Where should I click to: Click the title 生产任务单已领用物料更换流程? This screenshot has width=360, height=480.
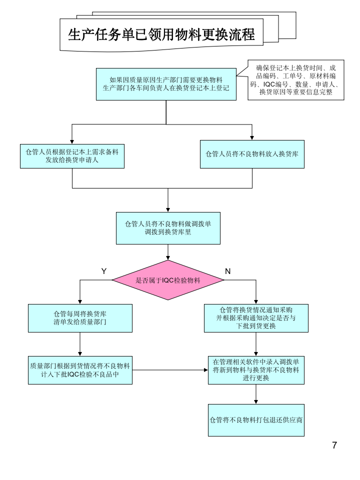(161, 34)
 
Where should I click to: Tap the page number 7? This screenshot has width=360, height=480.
(334, 445)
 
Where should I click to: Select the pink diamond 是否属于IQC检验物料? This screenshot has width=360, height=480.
(168, 280)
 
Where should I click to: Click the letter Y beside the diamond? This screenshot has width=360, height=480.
(104, 271)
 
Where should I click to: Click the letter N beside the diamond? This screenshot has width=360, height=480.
(227, 271)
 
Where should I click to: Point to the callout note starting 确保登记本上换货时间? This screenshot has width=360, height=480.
(296, 80)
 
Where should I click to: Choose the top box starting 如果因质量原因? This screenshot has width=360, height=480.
(166, 84)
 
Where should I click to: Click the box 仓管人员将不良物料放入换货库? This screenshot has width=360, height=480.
(252, 154)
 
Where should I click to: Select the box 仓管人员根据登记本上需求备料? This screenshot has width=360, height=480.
(72, 155)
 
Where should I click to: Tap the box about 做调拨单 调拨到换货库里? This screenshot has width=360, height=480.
(168, 228)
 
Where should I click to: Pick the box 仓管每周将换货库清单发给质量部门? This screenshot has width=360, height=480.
(80, 318)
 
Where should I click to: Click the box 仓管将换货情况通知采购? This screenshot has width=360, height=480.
(256, 318)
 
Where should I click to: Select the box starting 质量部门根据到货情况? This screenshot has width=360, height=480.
(80, 370)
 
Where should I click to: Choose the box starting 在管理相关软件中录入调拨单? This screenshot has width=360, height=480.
(256, 370)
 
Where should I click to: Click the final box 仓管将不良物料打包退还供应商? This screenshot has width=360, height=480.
(256, 419)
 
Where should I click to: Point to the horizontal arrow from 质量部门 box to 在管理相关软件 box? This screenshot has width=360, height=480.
(170, 370)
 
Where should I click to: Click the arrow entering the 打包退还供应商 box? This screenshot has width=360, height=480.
(256, 395)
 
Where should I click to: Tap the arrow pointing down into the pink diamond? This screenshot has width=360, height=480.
(168, 252)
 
